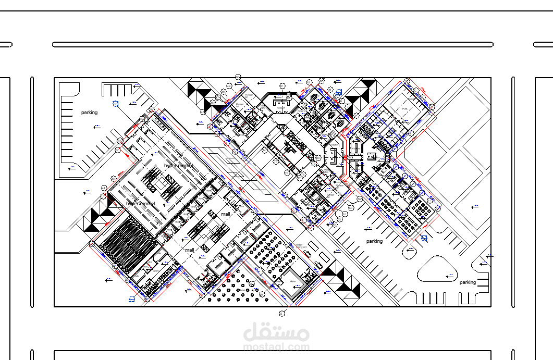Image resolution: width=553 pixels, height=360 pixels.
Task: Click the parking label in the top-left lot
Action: (x=89, y=113)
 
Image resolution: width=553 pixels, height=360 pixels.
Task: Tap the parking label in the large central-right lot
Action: (x=374, y=241)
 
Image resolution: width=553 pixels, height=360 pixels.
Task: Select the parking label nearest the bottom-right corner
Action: (x=468, y=282)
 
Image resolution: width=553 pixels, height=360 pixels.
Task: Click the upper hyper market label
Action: (x=178, y=166)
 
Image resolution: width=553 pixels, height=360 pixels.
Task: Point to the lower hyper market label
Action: (x=141, y=204)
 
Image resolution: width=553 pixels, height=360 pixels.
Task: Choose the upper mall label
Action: (x=225, y=214)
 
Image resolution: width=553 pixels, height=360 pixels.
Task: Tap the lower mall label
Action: (x=189, y=250)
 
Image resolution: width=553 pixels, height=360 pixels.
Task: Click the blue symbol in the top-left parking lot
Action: (x=116, y=103)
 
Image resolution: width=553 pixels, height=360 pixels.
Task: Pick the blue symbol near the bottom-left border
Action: (x=131, y=299)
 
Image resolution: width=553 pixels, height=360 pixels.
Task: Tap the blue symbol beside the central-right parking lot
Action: (x=424, y=239)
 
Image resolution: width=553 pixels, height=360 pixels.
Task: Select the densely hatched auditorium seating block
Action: (x=127, y=243)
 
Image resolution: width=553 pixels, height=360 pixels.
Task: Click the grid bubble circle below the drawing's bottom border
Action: (x=283, y=313)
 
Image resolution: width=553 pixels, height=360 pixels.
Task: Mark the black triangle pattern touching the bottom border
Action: (x=341, y=281)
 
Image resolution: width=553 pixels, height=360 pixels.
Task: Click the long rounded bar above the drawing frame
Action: (x=273, y=45)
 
